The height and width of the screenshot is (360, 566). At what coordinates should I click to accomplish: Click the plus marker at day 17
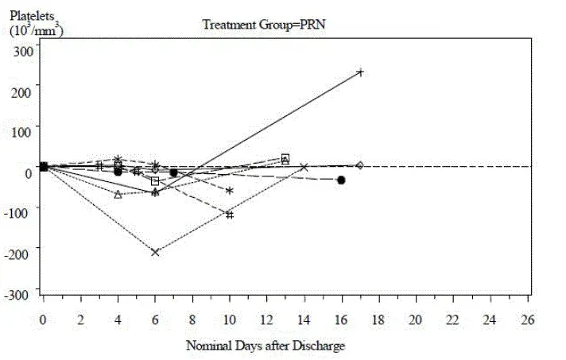(360, 72)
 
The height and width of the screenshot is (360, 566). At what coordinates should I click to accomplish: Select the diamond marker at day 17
(360, 165)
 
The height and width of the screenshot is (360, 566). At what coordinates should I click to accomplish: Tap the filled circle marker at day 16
(341, 180)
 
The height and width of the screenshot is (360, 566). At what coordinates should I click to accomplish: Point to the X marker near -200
(155, 252)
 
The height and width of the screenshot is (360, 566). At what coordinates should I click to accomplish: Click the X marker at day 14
(304, 167)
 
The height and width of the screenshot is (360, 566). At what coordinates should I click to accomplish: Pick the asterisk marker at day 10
(230, 191)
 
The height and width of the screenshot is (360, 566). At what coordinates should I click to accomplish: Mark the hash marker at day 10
(230, 215)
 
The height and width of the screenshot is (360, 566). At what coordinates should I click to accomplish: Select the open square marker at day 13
(285, 157)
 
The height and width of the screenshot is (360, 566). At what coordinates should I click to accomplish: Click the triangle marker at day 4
(118, 194)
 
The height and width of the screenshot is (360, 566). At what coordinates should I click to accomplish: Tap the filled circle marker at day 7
(173, 172)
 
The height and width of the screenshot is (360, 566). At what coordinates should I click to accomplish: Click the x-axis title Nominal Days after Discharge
(266, 346)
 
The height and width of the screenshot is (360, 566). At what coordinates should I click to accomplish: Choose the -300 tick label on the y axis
(21, 293)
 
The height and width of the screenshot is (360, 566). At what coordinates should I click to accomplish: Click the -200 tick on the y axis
(21, 253)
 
